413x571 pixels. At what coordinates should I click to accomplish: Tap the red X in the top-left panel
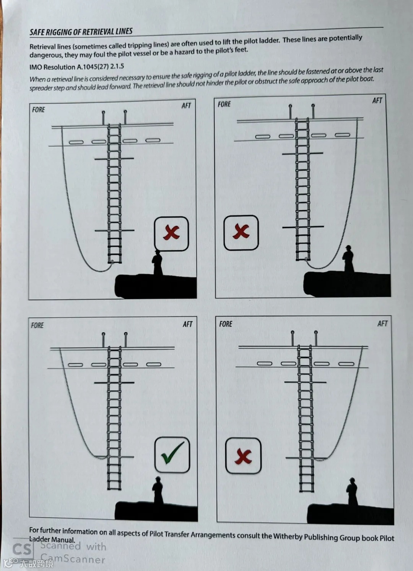coord(171,233)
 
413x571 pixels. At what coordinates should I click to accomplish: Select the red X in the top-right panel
coord(241,232)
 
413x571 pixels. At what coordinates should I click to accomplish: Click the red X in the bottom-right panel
coord(243,456)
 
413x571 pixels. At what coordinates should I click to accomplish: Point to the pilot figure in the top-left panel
coord(157,263)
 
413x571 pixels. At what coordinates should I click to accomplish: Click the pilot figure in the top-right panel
coord(348,259)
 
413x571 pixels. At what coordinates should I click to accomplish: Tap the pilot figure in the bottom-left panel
coord(158,490)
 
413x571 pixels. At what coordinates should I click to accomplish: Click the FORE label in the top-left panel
coord(38,110)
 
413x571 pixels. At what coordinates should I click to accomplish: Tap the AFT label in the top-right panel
coord(377,101)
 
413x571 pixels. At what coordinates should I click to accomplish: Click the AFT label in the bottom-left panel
coord(187,324)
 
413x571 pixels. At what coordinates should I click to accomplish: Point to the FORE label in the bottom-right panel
coord(226,324)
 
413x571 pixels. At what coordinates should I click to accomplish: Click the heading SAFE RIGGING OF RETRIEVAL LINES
coord(81,32)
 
